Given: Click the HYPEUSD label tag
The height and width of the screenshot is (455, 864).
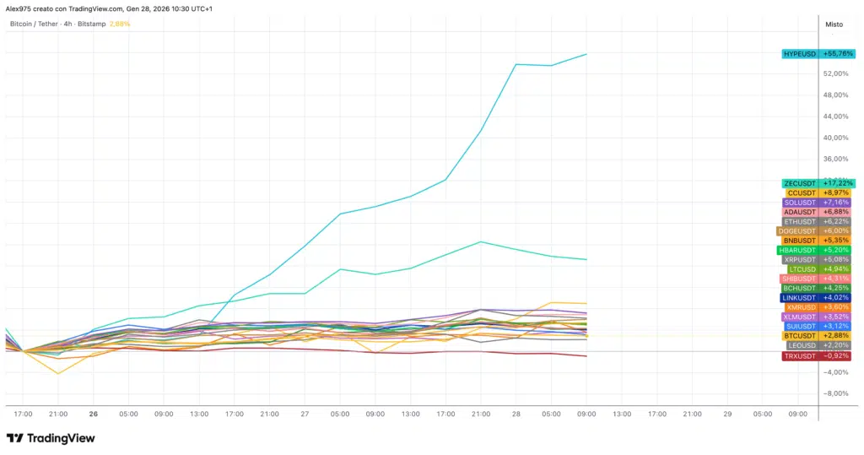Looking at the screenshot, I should click(800, 54).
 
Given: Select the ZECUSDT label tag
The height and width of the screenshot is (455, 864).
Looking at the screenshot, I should click(800, 183).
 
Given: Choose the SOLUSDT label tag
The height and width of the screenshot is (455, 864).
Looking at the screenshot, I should click(800, 203).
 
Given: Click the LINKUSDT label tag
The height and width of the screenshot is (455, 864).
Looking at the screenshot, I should click(798, 298).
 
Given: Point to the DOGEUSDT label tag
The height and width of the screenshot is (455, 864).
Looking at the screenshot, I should click(797, 231).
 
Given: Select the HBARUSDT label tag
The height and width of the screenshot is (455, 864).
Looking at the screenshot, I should click(797, 251).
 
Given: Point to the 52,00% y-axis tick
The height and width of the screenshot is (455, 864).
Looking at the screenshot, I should click(834, 74).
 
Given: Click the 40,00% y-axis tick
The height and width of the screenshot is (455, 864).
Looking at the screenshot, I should click(834, 138).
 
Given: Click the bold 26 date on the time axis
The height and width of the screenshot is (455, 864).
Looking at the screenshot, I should click(94, 414).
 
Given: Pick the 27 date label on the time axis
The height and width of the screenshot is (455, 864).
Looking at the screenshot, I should click(305, 414).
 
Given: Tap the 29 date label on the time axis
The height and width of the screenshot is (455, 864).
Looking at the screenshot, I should click(727, 414).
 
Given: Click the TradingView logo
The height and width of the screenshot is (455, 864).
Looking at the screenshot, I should click(51, 438).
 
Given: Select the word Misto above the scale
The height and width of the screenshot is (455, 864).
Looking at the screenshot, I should click(834, 24).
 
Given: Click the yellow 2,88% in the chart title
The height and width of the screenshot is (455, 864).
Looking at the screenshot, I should click(121, 24).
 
